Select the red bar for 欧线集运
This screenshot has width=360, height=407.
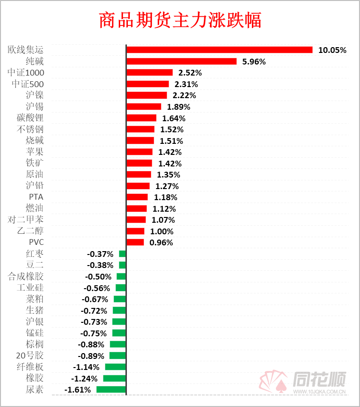(219, 50)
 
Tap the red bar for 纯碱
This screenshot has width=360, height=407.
(181, 61)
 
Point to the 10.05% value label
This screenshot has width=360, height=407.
(332, 50)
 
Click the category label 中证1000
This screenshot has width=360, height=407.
(26, 73)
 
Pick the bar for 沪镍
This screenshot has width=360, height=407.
(147, 95)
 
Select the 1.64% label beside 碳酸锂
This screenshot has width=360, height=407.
(174, 118)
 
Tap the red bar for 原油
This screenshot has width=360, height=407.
(138, 175)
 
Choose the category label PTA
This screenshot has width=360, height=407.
(37, 197)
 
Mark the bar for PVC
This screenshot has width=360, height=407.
(135, 242)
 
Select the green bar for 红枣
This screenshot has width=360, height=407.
(123, 254)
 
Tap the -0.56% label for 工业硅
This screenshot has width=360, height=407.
(97, 288)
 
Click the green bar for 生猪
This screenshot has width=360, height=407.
(119, 310)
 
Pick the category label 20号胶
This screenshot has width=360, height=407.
(30, 356)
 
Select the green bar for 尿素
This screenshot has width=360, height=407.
(111, 390)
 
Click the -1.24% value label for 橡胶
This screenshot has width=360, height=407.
(84, 379)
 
